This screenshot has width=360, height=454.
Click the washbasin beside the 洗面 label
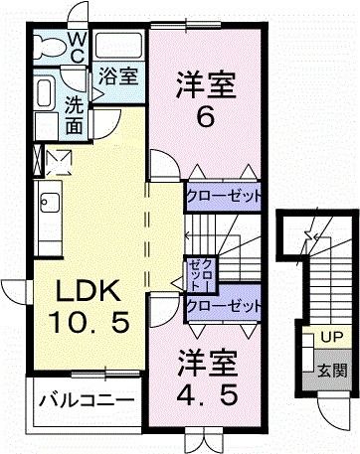pyautogui.click(x=46, y=95)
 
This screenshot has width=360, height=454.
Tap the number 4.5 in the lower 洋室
pyautogui.click(x=208, y=394)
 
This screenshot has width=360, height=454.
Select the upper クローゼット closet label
pyautogui.click(x=224, y=197)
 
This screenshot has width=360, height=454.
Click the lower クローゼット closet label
pyautogui.click(x=224, y=306)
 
